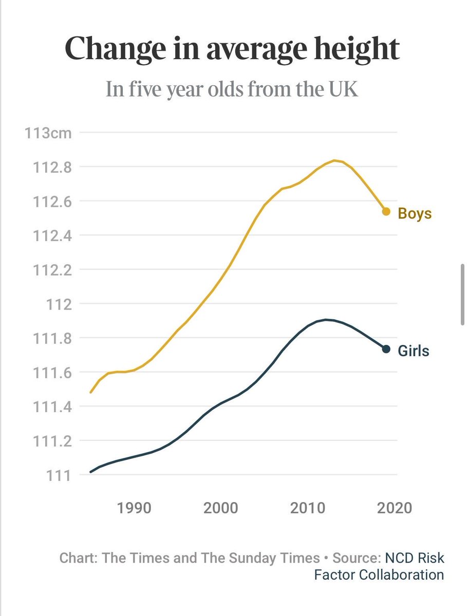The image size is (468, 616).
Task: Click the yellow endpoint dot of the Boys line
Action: (386, 211)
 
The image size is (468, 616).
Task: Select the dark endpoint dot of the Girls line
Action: (386, 349)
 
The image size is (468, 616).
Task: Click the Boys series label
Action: (415, 214)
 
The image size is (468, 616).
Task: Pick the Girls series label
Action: (413, 352)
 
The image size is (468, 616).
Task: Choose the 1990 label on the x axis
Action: (134, 508)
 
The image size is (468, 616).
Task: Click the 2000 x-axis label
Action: (221, 508)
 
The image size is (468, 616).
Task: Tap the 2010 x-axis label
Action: (308, 508)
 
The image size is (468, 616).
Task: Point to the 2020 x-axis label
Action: (395, 508)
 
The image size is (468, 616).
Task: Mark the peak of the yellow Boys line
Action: (335, 161)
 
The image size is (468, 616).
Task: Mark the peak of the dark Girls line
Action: (326, 319)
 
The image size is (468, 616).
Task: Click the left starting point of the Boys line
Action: (91, 392)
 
